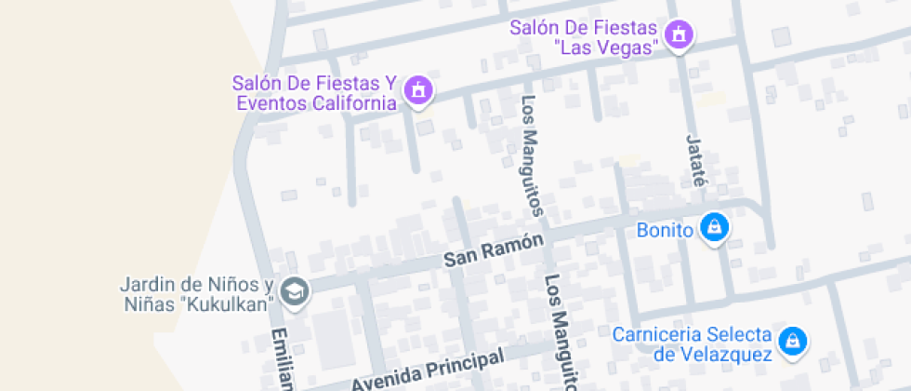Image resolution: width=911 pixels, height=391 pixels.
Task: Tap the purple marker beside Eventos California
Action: pos(419,91)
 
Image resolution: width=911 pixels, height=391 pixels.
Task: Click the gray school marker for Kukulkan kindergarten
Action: pos(296,291)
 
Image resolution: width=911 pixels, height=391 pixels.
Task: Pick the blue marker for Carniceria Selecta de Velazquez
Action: pos(791,342)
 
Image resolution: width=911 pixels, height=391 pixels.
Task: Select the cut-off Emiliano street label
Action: pos(281,359)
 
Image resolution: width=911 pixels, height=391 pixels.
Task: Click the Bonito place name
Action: pos(666,229)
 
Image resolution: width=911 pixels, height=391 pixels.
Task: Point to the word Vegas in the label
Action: pos(633,45)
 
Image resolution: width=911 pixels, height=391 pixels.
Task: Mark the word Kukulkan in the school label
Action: pos(231,304)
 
